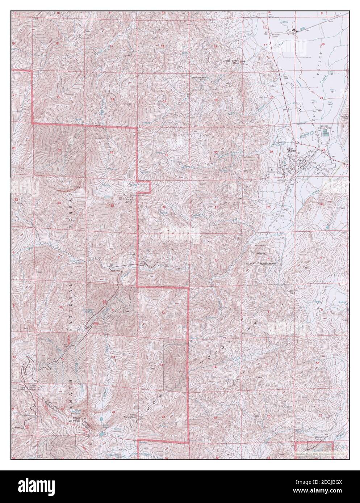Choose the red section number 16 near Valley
(x=322, y=44)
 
